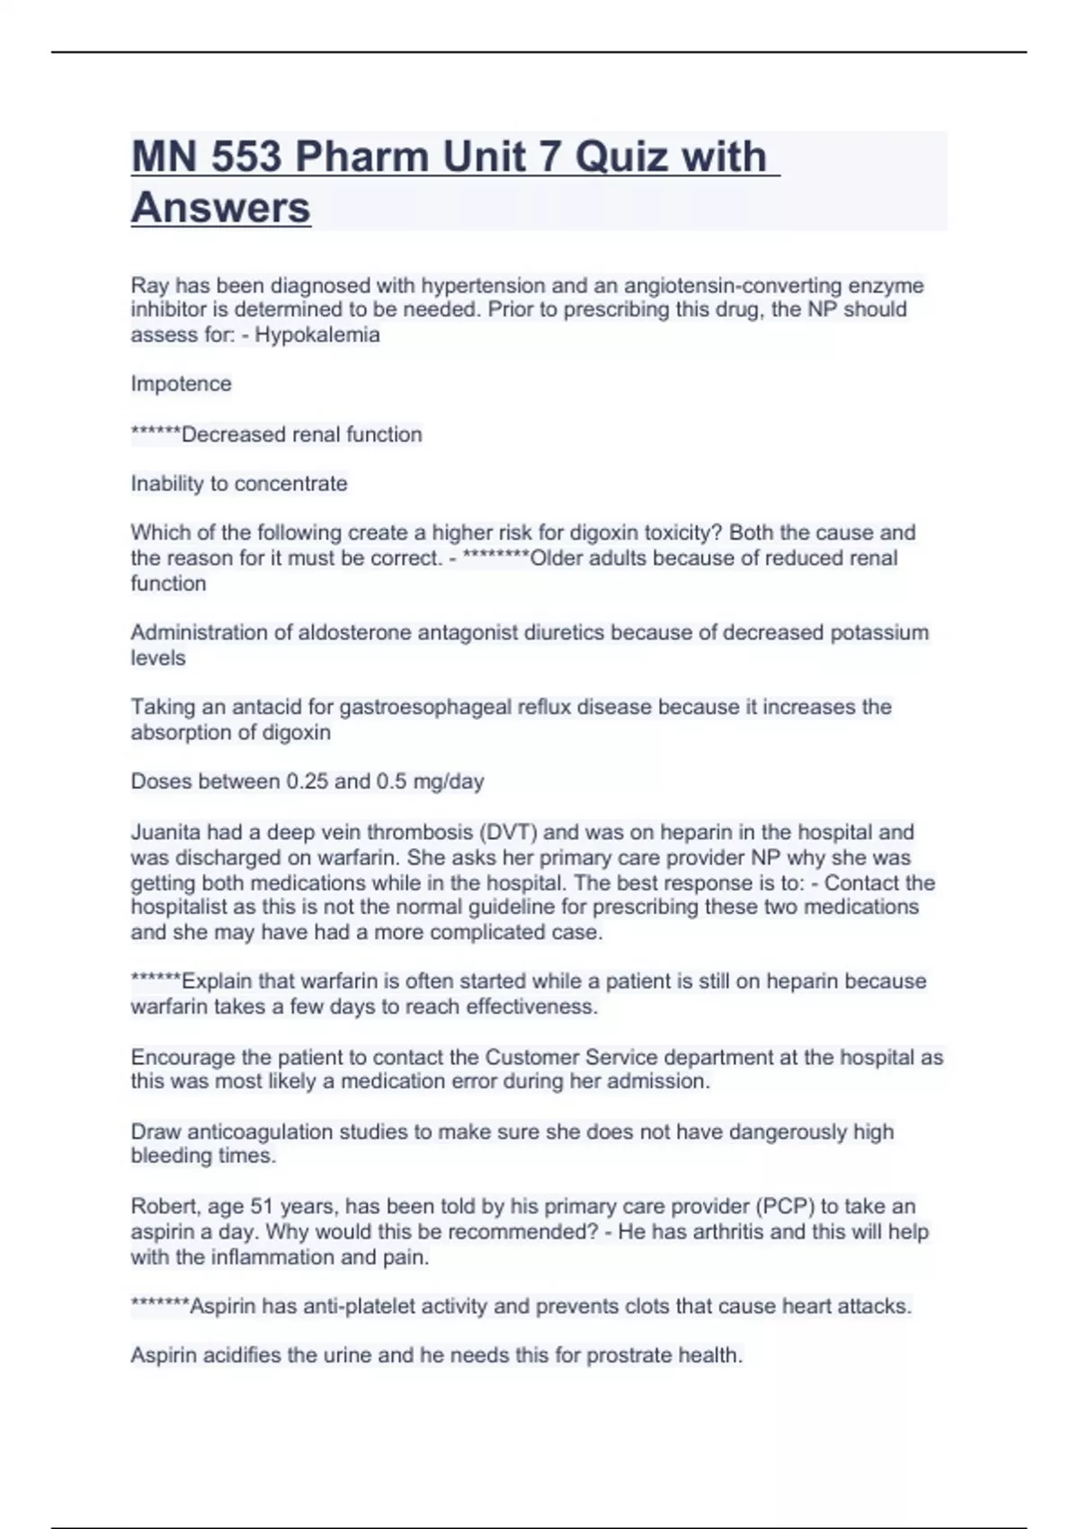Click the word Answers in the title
pos(221,208)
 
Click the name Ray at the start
pos(149,286)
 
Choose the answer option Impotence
pos(181,384)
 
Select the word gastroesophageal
pos(425,707)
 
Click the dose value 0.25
pos(307,782)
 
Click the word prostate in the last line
pos(621,1355)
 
